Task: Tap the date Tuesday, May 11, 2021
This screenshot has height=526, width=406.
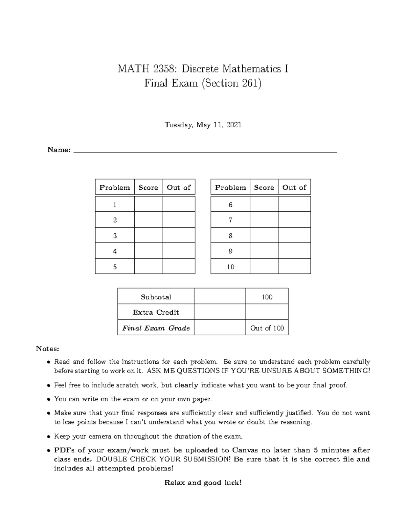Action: coord(203,125)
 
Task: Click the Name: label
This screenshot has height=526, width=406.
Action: coord(59,150)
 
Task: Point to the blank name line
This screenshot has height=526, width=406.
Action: coord(205,152)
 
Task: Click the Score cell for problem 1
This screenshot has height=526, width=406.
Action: coord(148,204)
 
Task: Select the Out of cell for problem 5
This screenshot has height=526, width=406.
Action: coord(178,267)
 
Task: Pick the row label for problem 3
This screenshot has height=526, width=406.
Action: coord(115,236)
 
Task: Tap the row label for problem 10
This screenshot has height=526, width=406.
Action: coord(230,267)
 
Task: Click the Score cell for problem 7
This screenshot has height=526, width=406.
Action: coord(264,220)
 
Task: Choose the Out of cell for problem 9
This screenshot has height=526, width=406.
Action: coord(294,251)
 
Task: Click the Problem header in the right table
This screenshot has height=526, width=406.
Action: coord(230,187)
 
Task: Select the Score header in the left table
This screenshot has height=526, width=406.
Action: coord(148,187)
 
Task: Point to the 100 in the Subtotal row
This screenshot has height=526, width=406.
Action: coord(267,297)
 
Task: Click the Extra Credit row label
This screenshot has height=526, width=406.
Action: coord(156,312)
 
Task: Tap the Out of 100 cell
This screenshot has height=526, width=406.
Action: coord(267,328)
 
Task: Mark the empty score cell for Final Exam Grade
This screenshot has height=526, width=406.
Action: coord(220,328)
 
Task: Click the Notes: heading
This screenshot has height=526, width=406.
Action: coord(48,349)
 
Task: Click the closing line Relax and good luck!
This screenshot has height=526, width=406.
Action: coord(203,483)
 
